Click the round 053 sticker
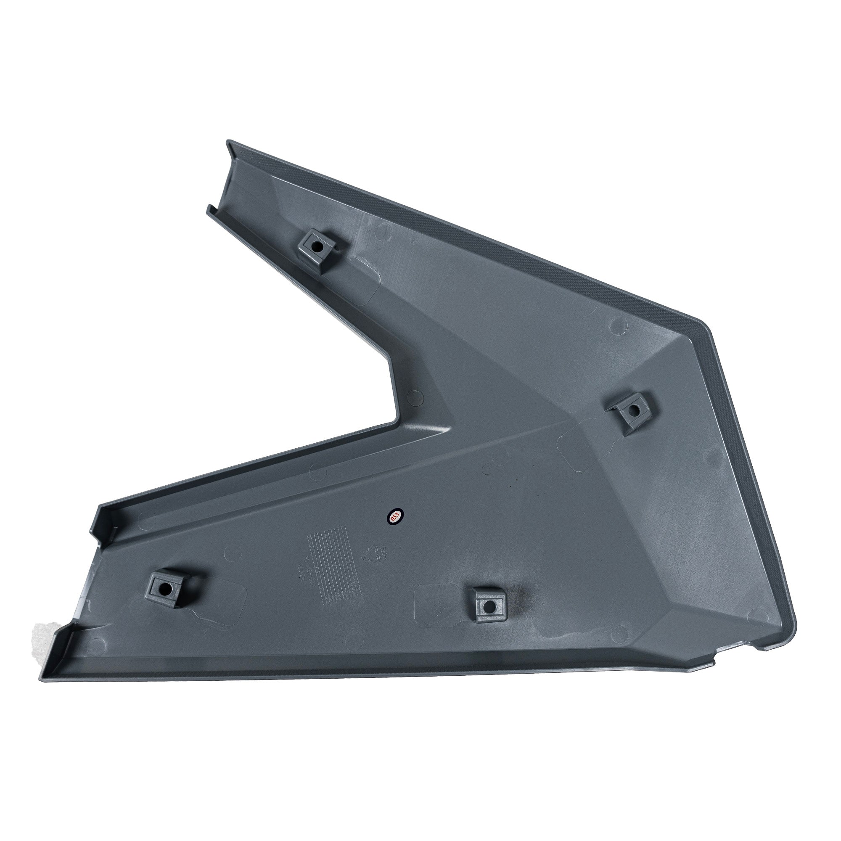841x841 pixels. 395,516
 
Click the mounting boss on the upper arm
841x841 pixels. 317,249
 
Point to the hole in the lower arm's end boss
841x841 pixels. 166,590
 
